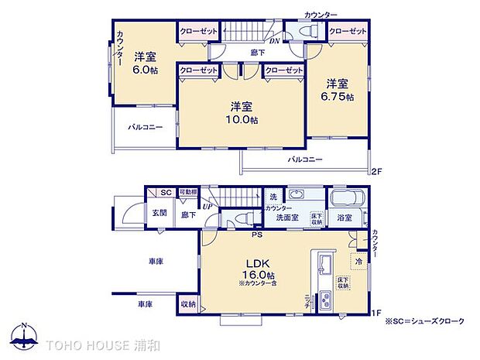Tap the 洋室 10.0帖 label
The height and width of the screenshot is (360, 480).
click(x=242, y=113)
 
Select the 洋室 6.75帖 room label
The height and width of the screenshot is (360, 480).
click(x=338, y=90)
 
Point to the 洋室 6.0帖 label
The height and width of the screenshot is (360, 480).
click(x=144, y=62)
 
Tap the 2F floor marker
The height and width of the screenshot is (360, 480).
click(x=377, y=170)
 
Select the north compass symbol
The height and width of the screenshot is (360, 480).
click(x=26, y=336)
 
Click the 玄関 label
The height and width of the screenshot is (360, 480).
click(x=159, y=213)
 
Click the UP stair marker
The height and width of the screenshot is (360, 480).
click(x=207, y=206)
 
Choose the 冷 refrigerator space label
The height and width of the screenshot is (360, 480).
click(x=358, y=262)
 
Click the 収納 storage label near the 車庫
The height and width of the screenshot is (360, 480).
click(x=188, y=304)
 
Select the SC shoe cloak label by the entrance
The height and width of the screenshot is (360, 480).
click(x=165, y=193)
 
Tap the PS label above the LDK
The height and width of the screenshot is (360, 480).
click(x=255, y=233)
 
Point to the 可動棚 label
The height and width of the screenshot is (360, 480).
click(x=188, y=193)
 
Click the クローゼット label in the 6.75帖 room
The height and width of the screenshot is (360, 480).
click(x=346, y=31)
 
